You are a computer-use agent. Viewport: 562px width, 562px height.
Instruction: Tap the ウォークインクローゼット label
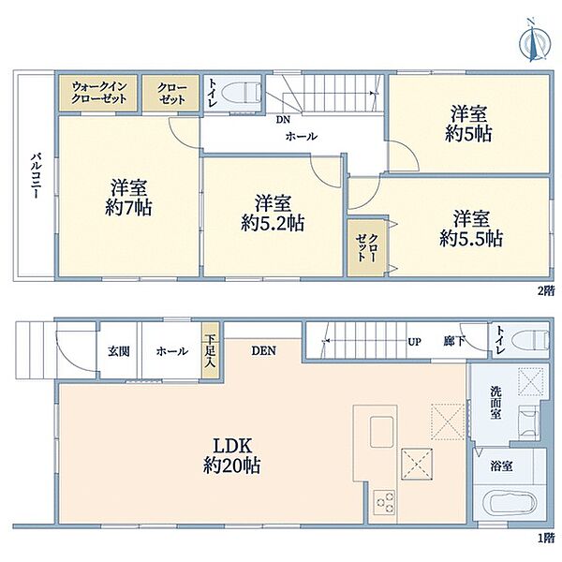(99, 93)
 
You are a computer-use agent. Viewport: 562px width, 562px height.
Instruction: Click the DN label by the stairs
(283, 120)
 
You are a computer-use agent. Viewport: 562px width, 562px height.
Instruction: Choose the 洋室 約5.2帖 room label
(273, 213)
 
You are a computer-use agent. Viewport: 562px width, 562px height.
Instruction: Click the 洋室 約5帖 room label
(468, 124)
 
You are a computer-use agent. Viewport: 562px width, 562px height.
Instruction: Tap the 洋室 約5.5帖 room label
(471, 229)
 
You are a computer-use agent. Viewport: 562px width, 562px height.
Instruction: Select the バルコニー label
(37, 176)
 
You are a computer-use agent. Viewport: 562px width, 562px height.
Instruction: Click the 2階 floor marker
(545, 290)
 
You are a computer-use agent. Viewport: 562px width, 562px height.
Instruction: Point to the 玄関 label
(119, 351)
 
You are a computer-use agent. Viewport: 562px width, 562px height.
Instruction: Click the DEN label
(264, 350)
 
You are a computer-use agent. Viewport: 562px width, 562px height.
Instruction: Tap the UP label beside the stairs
(414, 342)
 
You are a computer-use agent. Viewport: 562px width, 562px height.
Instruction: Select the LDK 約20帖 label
(232, 456)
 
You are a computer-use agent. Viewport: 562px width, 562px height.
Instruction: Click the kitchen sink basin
(382, 432)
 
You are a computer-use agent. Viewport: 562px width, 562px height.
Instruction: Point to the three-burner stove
(384, 502)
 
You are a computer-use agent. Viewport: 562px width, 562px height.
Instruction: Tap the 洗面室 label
(495, 403)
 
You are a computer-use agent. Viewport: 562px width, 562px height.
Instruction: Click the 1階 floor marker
(545, 538)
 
